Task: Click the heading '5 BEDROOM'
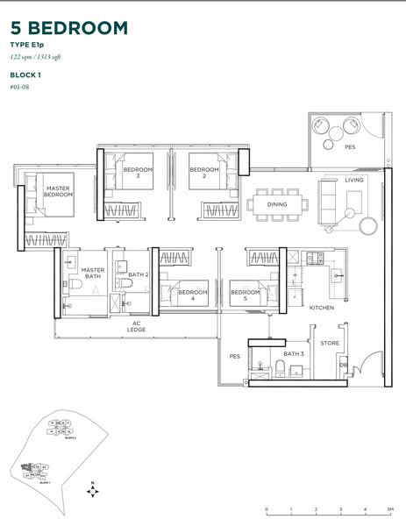(x=70, y=28)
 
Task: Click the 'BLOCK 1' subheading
(x=29, y=75)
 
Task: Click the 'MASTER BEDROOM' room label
(x=58, y=191)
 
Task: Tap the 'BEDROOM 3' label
(x=138, y=172)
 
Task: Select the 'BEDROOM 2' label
(x=203, y=172)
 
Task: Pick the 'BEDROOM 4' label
(x=193, y=295)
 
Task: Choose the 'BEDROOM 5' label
(x=246, y=295)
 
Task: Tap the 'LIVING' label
(x=353, y=180)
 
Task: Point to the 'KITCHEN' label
(x=322, y=308)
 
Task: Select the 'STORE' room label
(x=330, y=343)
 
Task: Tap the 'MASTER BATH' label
(x=92, y=274)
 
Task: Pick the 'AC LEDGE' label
(x=137, y=325)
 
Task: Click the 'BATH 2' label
(x=139, y=274)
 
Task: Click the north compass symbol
(x=92, y=491)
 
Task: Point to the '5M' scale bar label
(x=389, y=509)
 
